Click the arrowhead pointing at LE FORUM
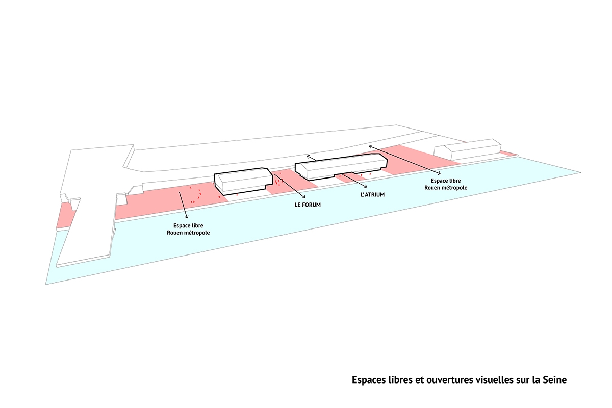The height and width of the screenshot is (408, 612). pyautogui.click(x=304, y=197)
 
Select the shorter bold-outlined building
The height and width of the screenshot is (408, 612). pyautogui.click(x=243, y=181)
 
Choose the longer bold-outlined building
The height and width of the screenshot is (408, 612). pyautogui.click(x=341, y=168)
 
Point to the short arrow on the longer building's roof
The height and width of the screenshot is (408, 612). pyautogui.click(x=312, y=159)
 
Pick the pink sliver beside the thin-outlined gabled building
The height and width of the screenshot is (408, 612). pyautogui.click(x=508, y=153)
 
